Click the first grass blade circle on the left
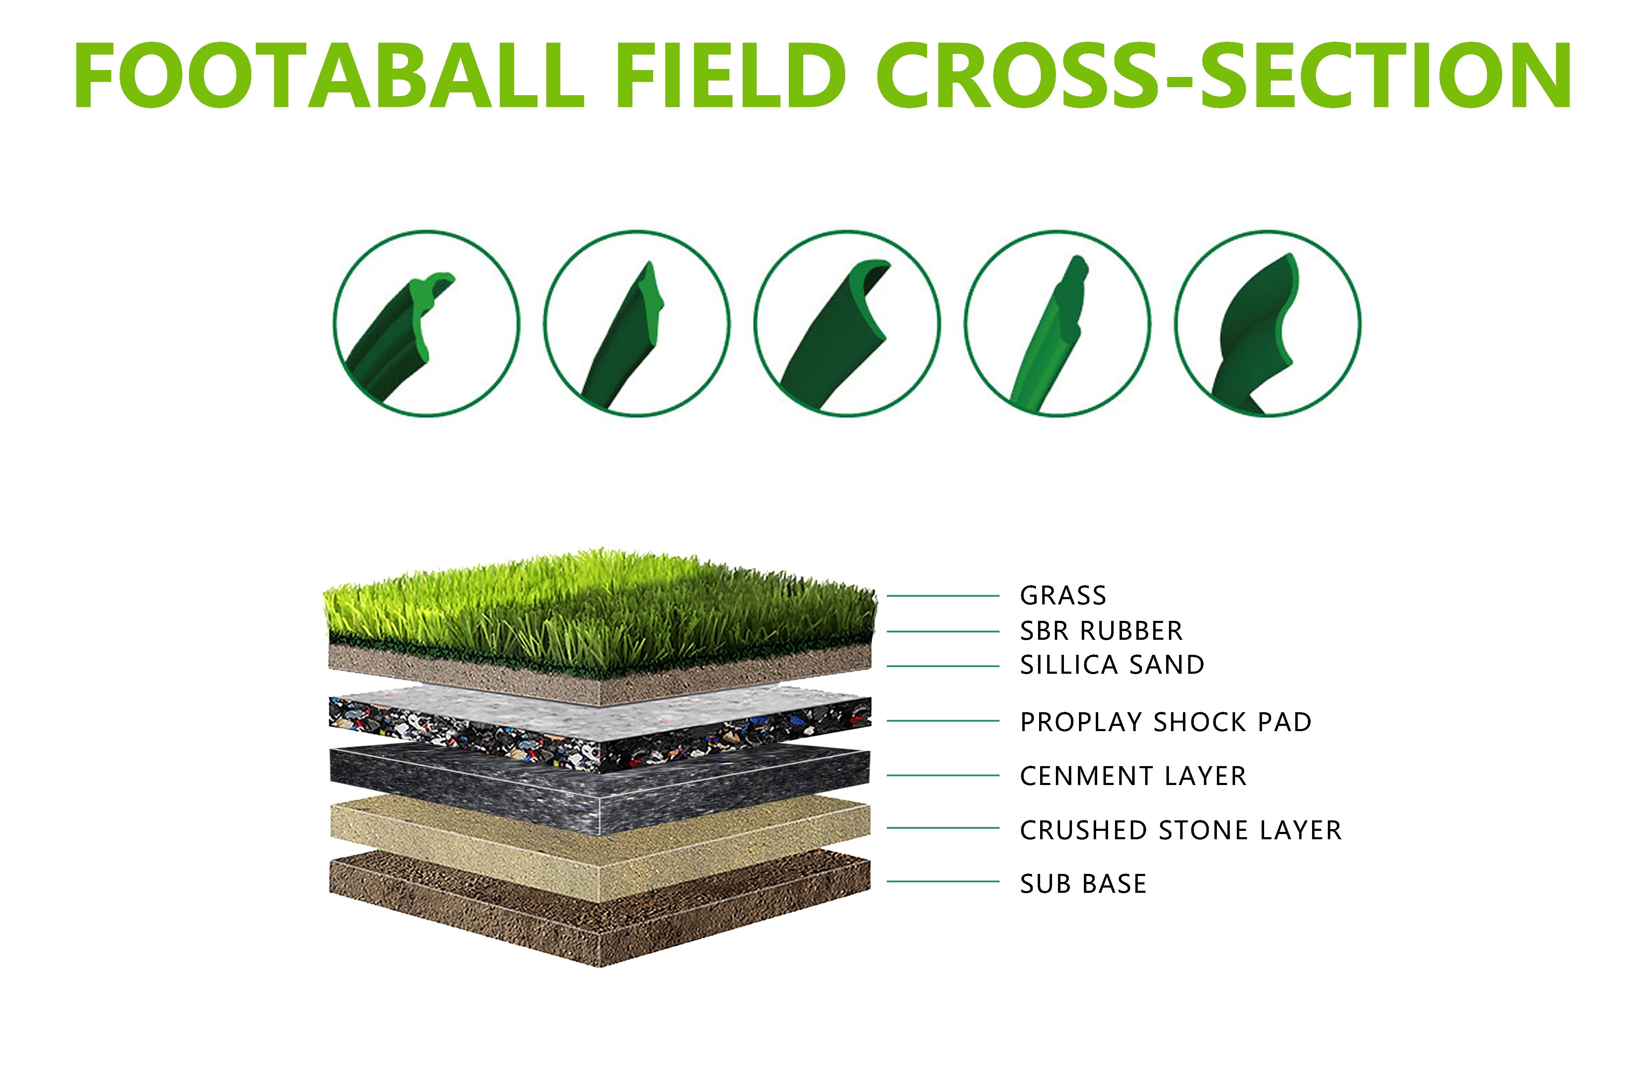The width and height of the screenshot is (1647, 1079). [x=426, y=323]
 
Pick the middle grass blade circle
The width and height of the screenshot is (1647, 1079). [x=847, y=323]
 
